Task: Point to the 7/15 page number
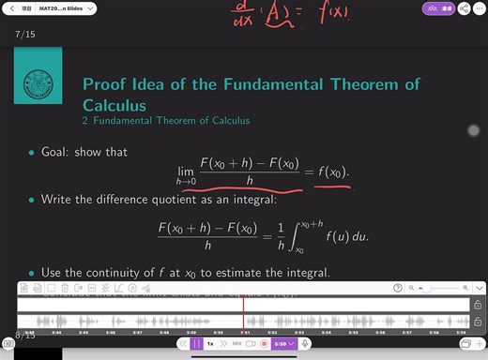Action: [25, 34]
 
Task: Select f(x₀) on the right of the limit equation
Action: [332, 172]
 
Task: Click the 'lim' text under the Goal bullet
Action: [186, 171]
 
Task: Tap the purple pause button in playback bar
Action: [197, 344]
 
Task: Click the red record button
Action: [266, 344]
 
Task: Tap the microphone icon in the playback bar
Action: [306, 344]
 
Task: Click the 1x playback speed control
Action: [210, 344]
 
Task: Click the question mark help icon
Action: [398, 288]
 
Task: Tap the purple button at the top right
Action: [437, 7]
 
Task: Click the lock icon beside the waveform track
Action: [478, 306]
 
